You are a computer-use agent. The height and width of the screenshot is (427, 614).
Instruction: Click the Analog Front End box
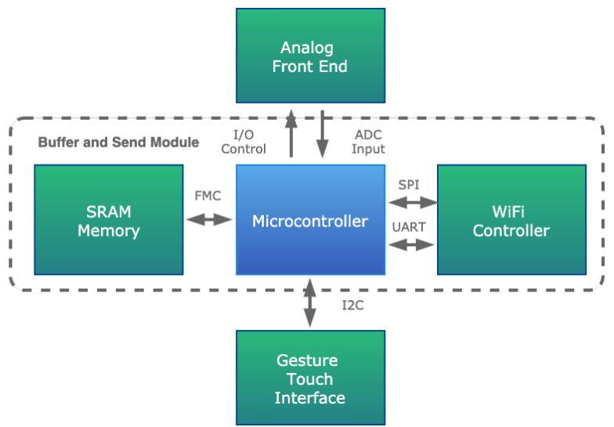point(309,56)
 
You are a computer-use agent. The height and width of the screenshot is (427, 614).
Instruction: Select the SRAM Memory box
point(109,220)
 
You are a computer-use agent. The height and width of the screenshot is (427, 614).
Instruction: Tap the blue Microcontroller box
point(310,220)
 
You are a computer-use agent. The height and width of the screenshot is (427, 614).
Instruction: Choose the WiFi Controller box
point(511,220)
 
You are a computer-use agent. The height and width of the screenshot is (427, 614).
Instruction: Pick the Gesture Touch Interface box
point(309,378)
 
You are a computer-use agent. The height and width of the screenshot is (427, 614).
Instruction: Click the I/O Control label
point(244,142)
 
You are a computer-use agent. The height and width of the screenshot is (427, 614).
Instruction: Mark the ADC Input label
point(368,142)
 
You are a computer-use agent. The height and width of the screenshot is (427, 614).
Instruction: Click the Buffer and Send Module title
point(118,143)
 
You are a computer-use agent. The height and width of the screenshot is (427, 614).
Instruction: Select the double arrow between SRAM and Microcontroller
point(209,220)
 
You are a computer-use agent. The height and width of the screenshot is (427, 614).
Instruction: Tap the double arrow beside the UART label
point(411,244)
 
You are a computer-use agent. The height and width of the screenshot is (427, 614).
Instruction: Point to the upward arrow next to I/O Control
point(291,136)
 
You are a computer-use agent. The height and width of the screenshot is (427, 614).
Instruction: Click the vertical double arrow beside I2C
point(310,302)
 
